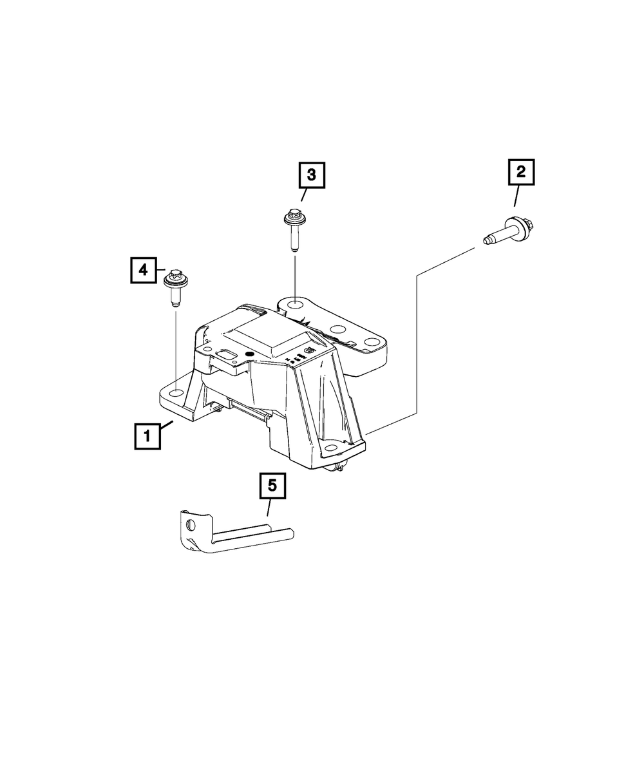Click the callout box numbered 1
tap(147, 435)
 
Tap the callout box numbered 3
tap(311, 175)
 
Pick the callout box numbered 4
tap(143, 270)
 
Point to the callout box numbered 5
tap(272, 486)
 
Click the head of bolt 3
tap(294, 217)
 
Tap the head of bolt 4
tap(173, 279)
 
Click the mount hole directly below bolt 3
tap(294, 305)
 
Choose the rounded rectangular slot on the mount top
tap(227, 353)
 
